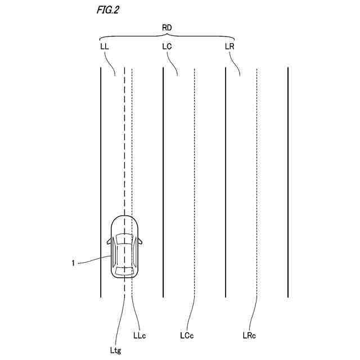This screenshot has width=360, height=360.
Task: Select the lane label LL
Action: point(104,47)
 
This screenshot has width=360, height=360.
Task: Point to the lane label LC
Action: point(166,47)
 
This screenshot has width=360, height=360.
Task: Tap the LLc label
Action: point(139,336)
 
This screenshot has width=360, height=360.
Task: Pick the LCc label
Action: point(187,336)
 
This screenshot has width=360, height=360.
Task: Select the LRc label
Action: point(250,336)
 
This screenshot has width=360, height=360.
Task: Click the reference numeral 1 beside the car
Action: point(74,262)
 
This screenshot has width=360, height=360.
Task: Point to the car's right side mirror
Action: point(140,241)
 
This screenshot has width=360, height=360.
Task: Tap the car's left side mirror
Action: point(108,241)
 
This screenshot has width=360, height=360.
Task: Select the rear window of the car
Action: point(124,271)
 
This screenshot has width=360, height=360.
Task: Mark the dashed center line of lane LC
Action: point(194,169)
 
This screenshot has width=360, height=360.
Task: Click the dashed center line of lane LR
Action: point(256,169)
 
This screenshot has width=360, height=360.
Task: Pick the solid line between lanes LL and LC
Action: point(163,169)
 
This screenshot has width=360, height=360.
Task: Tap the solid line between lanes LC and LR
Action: point(226,169)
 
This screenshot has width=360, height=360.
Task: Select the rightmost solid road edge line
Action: point(287,169)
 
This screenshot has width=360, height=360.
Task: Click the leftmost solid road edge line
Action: point(101,169)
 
